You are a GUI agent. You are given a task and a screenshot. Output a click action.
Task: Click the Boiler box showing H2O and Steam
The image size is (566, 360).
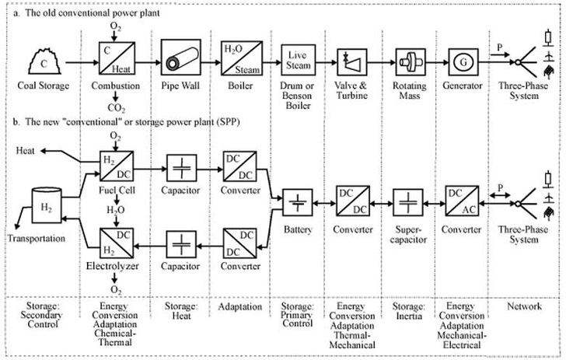(x=236, y=58)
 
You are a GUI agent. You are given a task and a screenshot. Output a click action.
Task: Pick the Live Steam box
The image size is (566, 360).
(x=296, y=58)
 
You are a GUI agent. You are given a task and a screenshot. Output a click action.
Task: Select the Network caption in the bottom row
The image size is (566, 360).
(x=523, y=306)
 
